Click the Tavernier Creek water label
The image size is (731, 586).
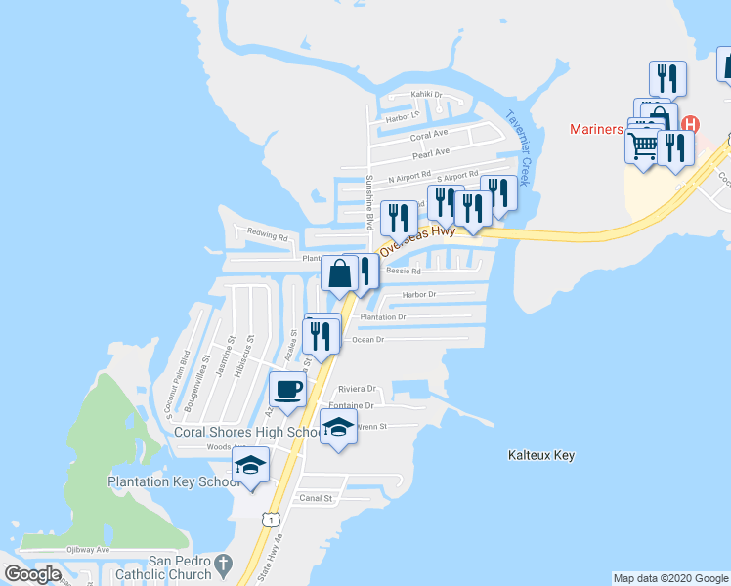click(x=517, y=146)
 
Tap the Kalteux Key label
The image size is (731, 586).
click(x=541, y=455)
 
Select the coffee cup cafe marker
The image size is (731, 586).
click(x=287, y=390)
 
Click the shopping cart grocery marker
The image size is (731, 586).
click(x=642, y=147)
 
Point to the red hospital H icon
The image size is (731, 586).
click(x=691, y=125)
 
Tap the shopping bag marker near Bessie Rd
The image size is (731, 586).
click(x=339, y=273)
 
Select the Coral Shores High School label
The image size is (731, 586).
click(x=246, y=432)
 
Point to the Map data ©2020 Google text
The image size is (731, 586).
click(x=670, y=578)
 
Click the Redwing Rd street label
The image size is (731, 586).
click(x=268, y=235)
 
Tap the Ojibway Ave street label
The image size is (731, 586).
click(x=86, y=550)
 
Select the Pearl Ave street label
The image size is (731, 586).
click(x=430, y=152)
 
